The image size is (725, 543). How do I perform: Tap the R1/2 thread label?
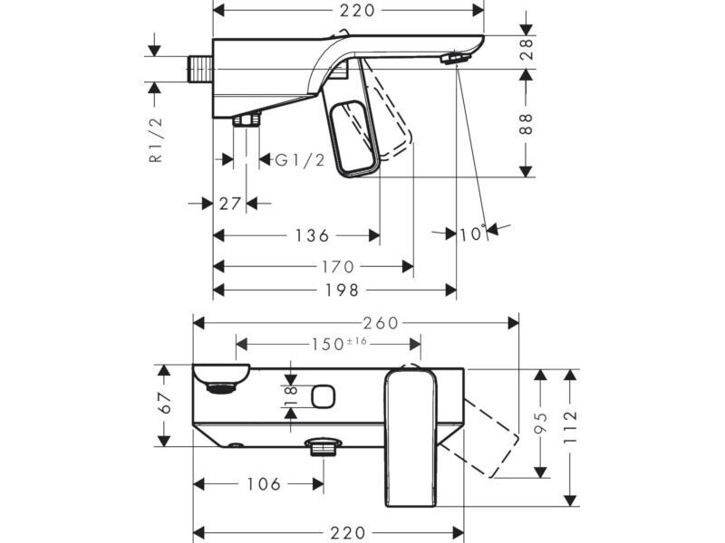tap(156, 139)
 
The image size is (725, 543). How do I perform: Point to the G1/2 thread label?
tap(300, 160)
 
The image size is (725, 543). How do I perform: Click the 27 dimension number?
tap(230, 203)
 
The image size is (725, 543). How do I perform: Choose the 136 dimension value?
tap(312, 235)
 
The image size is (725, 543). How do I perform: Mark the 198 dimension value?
tap(342, 291)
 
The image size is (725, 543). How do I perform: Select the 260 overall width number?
tap(381, 323)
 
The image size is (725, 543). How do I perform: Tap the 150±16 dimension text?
tap(339, 344)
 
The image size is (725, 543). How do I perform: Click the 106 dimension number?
tap(264, 484)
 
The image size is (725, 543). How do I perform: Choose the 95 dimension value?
tap(540, 423)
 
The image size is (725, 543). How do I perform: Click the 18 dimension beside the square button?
tap(290, 396)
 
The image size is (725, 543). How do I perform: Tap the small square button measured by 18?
tap(324, 396)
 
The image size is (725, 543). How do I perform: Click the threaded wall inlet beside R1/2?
tap(199, 70)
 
